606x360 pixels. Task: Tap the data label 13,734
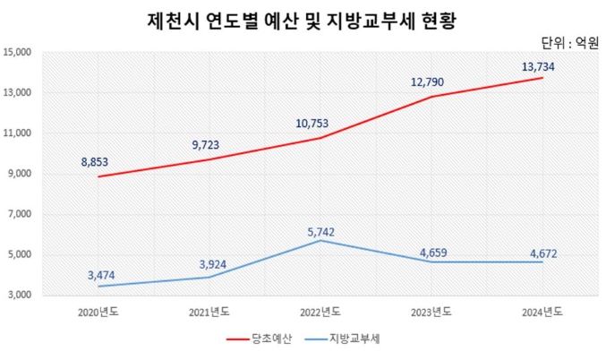pos(544,65)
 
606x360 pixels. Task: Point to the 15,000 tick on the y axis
pos(17,53)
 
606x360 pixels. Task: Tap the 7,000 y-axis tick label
pos(19,215)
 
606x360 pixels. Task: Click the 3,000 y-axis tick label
pos(19,296)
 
